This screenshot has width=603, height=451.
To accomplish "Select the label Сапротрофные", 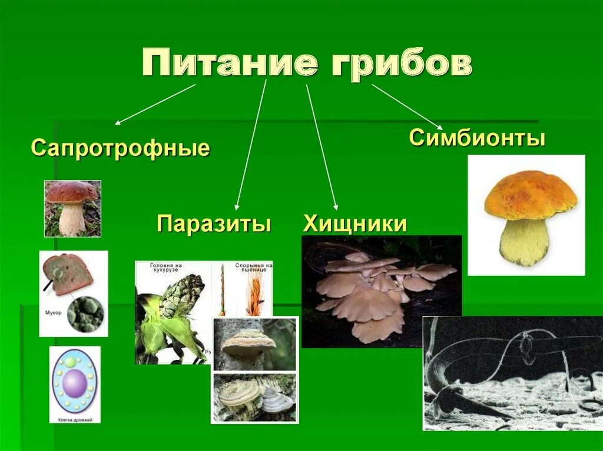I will pyautogui.click(x=120, y=148).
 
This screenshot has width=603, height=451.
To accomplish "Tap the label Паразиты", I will pyautogui.click(x=214, y=224).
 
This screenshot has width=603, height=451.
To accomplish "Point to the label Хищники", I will pyautogui.click(x=355, y=224).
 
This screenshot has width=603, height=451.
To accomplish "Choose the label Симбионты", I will pyautogui.click(x=477, y=139).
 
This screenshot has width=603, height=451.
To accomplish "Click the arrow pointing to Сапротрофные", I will pyautogui.click(x=155, y=104).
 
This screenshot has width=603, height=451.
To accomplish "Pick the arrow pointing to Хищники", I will pyautogui.click(x=322, y=147).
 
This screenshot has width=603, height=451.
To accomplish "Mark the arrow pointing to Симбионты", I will pyautogui.click(x=406, y=106).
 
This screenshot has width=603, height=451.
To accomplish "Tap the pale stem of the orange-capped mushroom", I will pyautogui.click(x=525, y=241).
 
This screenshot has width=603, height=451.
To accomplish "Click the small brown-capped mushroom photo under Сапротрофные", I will pyautogui.click(x=72, y=208).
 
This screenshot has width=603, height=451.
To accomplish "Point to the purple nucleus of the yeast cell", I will pyautogui.click(x=75, y=382).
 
